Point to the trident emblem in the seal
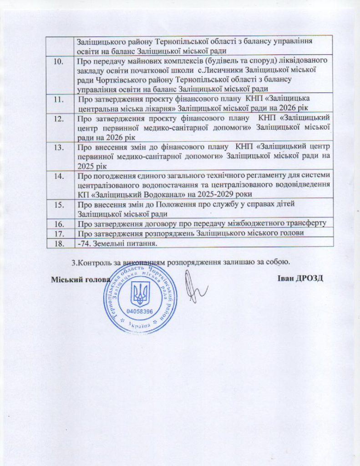coord(140,294)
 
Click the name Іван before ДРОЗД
coord(284,278)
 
